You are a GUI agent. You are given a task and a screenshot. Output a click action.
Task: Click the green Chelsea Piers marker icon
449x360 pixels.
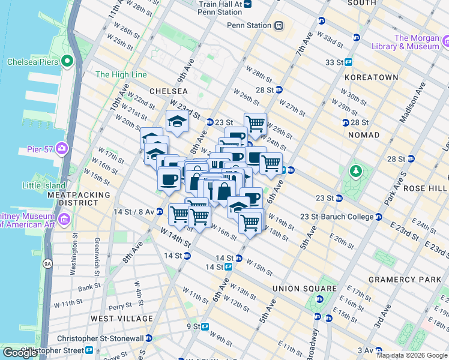click(x=67, y=61)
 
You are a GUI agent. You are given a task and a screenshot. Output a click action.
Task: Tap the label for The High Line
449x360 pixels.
click(x=121, y=75)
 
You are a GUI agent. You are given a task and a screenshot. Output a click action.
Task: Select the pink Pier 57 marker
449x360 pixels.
click(x=62, y=148)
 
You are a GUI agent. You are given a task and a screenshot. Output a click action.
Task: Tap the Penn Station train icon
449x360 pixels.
click(x=279, y=25)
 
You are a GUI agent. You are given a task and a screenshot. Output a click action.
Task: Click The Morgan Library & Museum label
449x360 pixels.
click(x=417, y=42)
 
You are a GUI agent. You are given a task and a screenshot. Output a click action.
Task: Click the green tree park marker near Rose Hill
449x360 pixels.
click(x=355, y=172)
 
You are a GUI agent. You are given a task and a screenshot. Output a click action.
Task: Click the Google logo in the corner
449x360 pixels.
click(x=20, y=353)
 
